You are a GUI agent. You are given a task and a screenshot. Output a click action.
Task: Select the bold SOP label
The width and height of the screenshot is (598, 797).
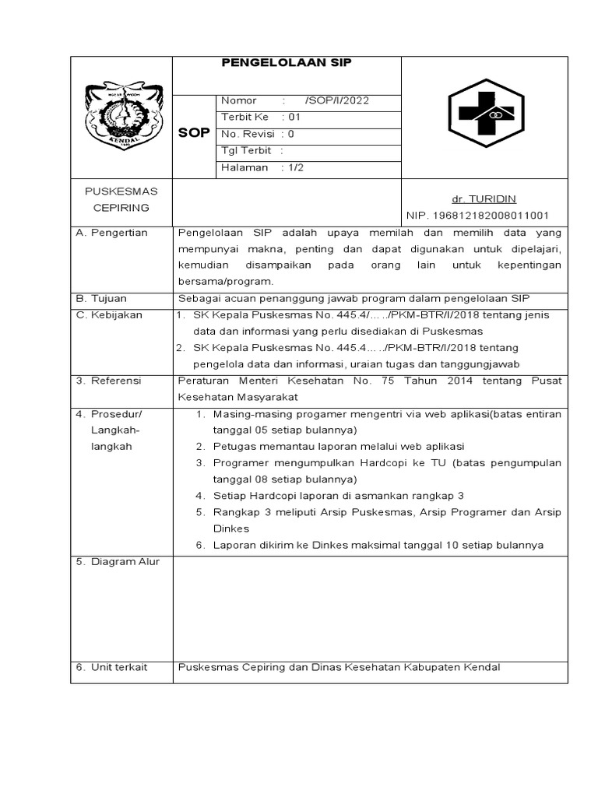click(x=194, y=132)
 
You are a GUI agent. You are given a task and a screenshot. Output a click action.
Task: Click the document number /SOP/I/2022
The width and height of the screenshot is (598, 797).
click(x=338, y=100)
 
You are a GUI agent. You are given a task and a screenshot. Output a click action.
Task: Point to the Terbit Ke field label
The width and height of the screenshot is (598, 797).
click(x=244, y=117)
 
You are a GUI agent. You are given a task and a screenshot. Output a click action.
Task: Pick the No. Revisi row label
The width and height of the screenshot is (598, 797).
click(x=248, y=133)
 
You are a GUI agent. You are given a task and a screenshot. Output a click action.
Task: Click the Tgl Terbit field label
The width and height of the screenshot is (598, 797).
click(x=246, y=150)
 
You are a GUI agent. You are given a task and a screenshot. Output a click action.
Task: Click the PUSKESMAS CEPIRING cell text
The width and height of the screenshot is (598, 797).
click(x=121, y=199)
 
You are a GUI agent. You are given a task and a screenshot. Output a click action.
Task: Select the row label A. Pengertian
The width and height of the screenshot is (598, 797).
click(x=112, y=233)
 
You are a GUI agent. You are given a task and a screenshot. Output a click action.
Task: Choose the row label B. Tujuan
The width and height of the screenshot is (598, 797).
click(x=102, y=298)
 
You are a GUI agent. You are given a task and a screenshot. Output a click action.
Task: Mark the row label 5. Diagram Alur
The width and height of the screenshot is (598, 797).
click(x=118, y=561)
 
